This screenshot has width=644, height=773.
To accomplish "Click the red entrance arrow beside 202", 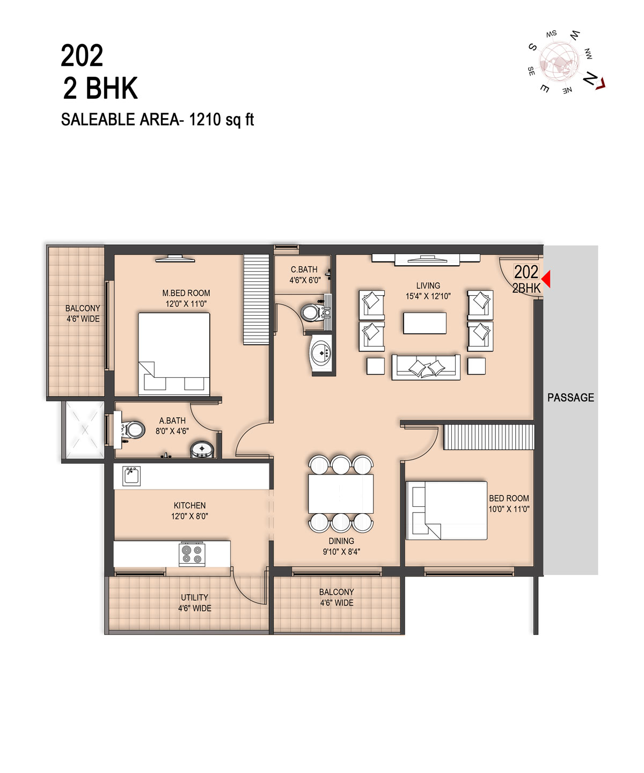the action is coord(546,279).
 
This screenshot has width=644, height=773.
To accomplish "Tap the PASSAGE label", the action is coord(570,398).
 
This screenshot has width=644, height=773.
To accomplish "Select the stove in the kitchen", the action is coord(192,554).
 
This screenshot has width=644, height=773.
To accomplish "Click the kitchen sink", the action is coord(131,476).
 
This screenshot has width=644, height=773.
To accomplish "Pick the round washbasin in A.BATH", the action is coord(202,449).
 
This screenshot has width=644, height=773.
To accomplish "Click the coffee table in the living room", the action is coord(425,323).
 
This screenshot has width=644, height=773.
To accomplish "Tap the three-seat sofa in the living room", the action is coord(426,367).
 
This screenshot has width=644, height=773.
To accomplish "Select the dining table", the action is coord(340,493).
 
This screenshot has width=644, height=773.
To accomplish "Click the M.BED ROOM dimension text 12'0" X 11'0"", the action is coord(186,304).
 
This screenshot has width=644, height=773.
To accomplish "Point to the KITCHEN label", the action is coord(189,505).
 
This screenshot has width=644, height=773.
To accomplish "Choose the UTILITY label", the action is coord(194,597).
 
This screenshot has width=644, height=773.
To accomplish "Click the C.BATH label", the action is coord(304,269).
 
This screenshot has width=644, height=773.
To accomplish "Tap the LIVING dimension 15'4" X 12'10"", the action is coord(428,296).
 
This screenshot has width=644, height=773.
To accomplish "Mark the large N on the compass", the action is coord(590,78).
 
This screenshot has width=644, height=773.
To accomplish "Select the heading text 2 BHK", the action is coord(100,88).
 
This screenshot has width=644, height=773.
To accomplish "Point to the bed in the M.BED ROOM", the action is coord(174,354).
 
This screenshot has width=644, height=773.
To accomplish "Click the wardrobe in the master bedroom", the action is coord(256,299).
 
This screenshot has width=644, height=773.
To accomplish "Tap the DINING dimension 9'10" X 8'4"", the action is coord(341,552).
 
